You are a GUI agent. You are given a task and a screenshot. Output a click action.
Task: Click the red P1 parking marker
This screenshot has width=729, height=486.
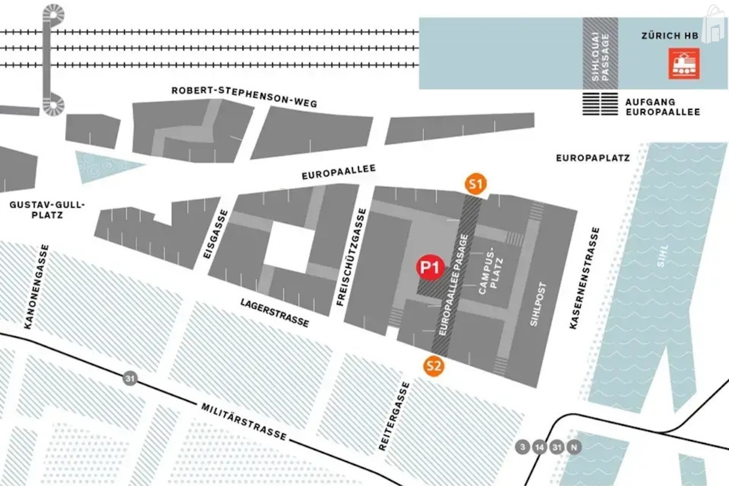point(430,267)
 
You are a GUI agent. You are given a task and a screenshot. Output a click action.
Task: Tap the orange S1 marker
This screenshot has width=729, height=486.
point(475,184)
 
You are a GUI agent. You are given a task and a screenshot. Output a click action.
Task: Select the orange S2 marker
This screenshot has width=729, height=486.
point(433,366)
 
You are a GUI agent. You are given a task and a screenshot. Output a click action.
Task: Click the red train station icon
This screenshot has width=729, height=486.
point(684,64)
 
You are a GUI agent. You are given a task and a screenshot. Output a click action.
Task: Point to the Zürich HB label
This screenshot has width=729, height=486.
point(670,36)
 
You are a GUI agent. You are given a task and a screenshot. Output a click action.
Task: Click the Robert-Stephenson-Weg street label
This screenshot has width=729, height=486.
point(244,96)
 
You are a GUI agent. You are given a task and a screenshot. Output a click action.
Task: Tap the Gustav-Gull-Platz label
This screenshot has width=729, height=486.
point(47,210)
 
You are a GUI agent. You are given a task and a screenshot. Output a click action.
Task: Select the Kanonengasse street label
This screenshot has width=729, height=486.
point(36,287)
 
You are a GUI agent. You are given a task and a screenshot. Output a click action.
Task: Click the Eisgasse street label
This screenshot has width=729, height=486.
point(215,234)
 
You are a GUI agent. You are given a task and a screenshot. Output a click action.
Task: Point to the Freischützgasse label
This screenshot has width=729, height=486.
point(351,257)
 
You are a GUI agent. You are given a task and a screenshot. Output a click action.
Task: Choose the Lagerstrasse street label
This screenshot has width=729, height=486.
point(275,313)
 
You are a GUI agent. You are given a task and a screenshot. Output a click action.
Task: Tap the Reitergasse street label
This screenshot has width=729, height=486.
point(394,416)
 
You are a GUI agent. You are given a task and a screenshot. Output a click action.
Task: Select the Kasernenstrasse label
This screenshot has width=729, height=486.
point(584,278)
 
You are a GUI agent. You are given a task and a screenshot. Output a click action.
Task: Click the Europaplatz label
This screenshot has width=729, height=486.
point(593,158)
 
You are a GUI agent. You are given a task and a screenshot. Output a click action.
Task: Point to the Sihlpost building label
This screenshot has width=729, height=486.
point(539,304)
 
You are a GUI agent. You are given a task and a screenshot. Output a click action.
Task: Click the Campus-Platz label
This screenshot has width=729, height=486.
point(491,270)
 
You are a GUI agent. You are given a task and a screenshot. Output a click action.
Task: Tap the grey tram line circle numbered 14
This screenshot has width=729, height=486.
point(539,448)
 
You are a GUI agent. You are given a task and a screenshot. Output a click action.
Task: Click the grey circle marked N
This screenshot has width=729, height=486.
point(573,448)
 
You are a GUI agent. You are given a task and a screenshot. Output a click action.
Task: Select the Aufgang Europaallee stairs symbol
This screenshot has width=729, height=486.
point(600,104)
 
